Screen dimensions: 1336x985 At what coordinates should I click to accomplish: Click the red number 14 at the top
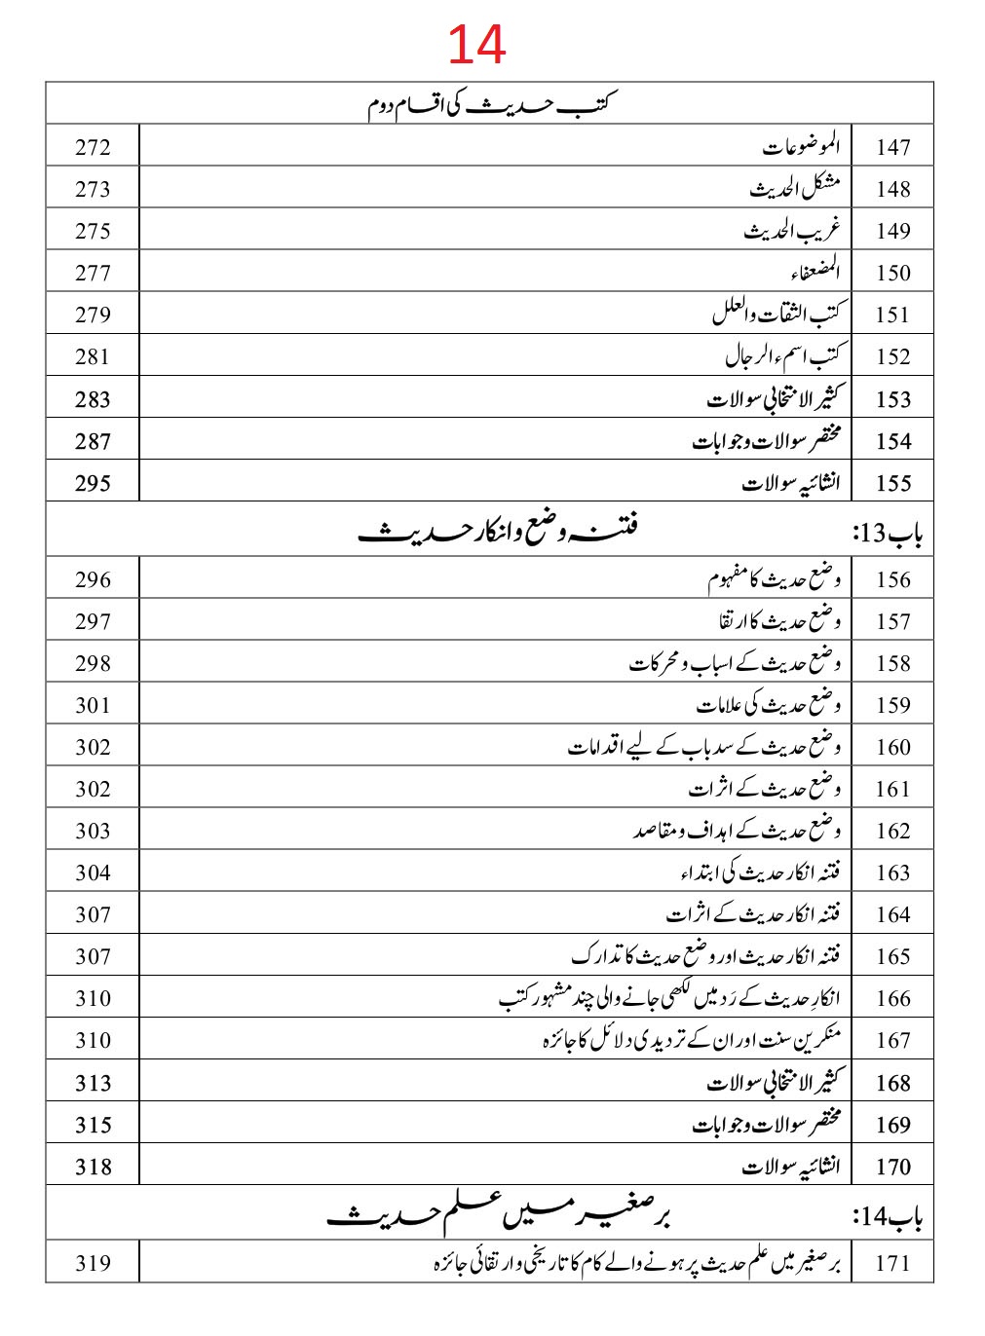click(476, 45)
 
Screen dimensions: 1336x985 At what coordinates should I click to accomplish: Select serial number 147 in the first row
click(892, 147)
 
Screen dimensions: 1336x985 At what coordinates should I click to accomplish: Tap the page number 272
click(93, 147)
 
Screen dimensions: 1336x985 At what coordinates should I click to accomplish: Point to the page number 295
click(93, 483)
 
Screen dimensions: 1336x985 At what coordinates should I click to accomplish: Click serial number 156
click(892, 579)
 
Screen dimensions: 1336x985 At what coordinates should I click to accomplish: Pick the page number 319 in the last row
click(93, 1263)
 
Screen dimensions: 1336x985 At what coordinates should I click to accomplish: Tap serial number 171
click(892, 1263)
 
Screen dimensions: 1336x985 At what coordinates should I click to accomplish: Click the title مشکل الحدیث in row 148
click(794, 188)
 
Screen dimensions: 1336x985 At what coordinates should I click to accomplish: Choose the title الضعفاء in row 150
click(815, 272)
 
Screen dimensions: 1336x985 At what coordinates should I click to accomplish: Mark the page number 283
click(93, 399)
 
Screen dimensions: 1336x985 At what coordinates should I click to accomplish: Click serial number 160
click(892, 747)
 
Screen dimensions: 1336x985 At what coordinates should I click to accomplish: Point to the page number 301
click(93, 705)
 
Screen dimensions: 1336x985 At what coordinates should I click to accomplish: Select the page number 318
click(93, 1167)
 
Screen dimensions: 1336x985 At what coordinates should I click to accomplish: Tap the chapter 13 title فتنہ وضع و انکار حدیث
click(498, 531)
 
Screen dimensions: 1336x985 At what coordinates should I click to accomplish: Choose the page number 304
click(93, 872)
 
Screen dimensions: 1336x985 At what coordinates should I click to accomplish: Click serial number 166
click(892, 998)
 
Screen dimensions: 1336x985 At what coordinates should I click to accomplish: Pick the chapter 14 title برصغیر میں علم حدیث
click(498, 1214)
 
